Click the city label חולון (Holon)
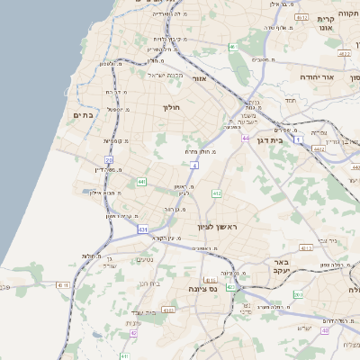171,108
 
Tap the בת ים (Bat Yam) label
84,114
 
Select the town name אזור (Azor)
200,78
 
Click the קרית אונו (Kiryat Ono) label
325,23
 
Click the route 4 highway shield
194,166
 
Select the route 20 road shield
109,160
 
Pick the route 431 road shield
143,230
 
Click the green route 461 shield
234,47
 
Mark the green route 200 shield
297,295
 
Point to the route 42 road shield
133,333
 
